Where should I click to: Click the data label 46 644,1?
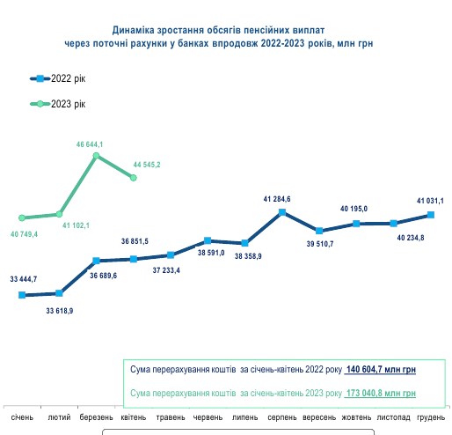91,144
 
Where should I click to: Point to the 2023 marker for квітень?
134,178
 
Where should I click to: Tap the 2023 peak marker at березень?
97,156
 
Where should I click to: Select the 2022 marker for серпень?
282,211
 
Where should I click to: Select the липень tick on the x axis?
244,417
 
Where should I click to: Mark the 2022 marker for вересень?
319,230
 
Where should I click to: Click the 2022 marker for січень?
22,295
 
